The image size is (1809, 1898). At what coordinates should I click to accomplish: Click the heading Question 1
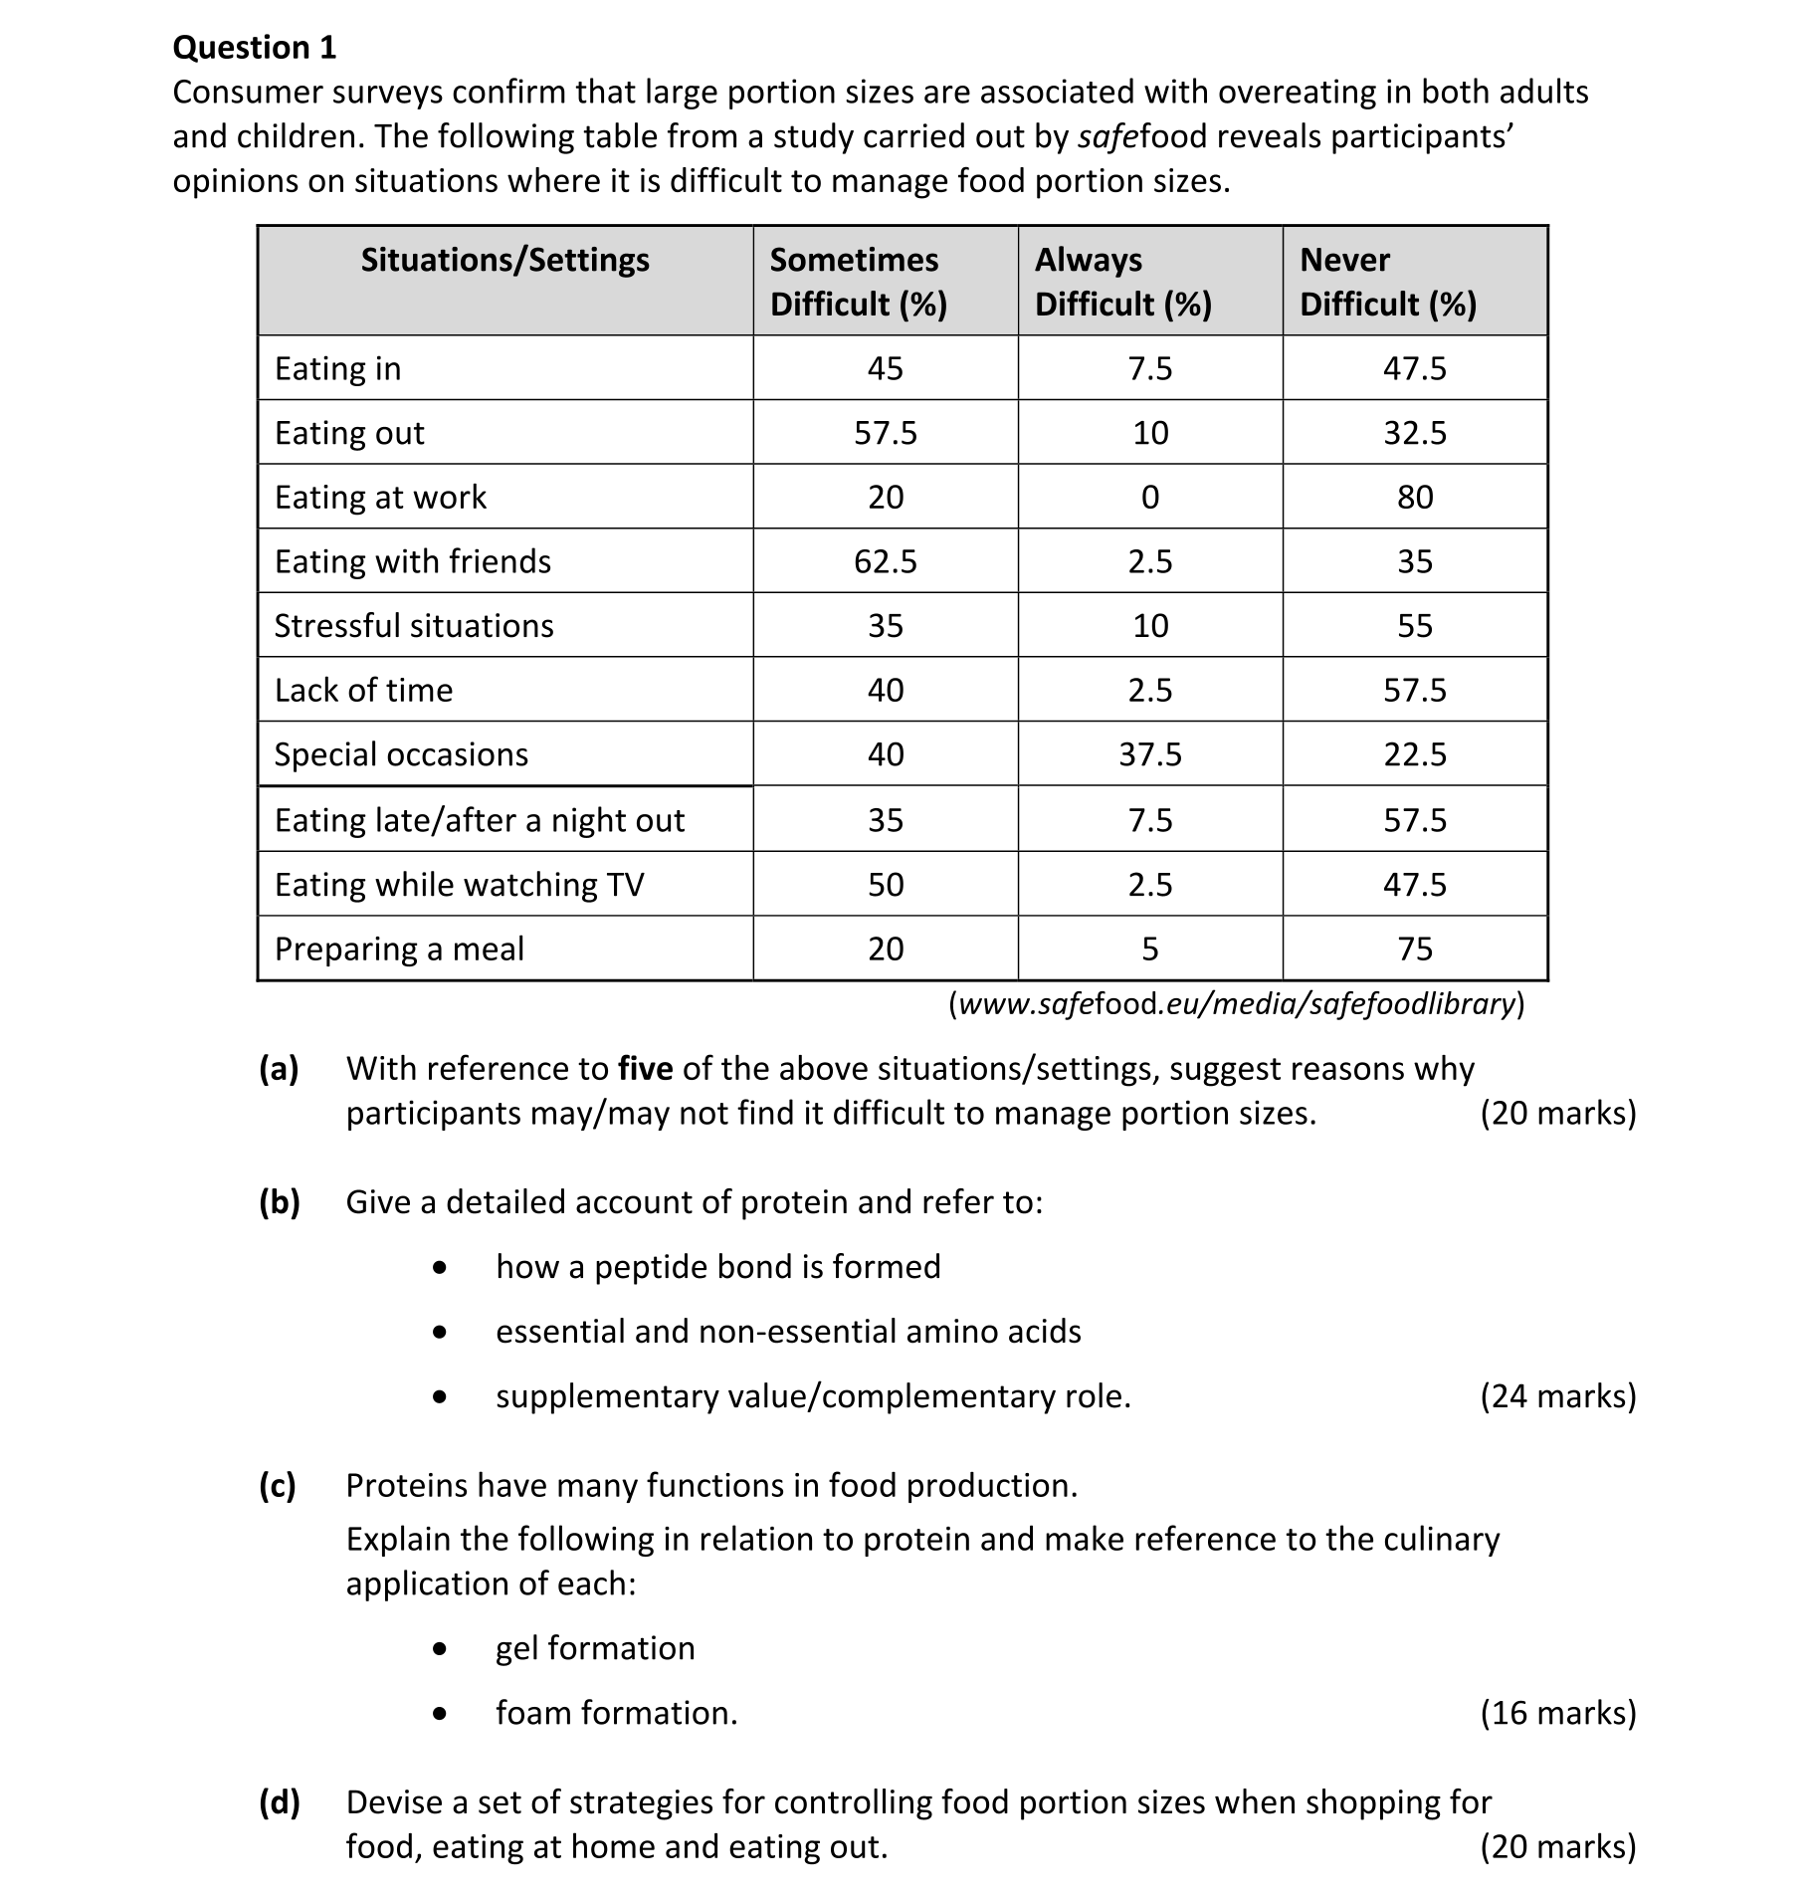[255, 47]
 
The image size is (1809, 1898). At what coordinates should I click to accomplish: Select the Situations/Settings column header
[504, 260]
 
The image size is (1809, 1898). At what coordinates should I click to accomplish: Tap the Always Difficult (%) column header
[1123, 281]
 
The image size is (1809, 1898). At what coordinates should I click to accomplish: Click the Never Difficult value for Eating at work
[1414, 497]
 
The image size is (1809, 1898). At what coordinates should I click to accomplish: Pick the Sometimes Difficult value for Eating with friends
[885, 561]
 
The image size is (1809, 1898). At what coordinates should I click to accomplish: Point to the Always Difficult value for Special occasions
[1149, 754]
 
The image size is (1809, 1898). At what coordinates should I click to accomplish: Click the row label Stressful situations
[414, 626]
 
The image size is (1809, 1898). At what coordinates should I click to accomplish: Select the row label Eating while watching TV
[459, 885]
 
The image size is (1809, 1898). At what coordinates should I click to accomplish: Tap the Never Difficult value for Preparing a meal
[1414, 949]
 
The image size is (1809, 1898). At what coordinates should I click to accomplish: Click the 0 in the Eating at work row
[1149, 497]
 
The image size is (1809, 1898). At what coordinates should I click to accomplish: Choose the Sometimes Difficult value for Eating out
[885, 433]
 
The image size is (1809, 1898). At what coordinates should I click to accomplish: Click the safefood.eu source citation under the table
[1236, 1003]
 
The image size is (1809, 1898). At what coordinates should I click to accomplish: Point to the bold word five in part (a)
[645, 1069]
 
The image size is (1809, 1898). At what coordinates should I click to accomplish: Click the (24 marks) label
[1557, 1396]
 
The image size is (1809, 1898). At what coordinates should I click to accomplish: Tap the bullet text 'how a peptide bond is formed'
[717, 1267]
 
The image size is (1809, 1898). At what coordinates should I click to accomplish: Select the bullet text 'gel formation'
[595, 1648]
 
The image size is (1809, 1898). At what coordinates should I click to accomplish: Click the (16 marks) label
[1557, 1713]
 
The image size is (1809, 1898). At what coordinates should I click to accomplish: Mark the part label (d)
[280, 1802]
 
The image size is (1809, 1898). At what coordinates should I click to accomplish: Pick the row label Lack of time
[363, 691]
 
